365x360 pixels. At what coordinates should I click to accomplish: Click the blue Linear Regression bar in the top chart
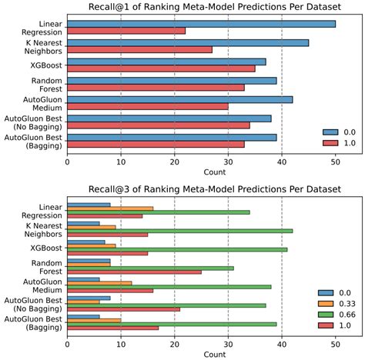[200, 24]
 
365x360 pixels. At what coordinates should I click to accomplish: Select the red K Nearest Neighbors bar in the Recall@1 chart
[139, 49]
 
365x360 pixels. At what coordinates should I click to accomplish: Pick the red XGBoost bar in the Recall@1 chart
[161, 68]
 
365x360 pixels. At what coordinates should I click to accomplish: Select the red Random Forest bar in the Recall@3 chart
[134, 272]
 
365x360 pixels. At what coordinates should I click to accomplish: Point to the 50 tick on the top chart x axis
[335, 162]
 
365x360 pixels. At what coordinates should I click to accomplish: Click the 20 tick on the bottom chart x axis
[174, 345]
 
